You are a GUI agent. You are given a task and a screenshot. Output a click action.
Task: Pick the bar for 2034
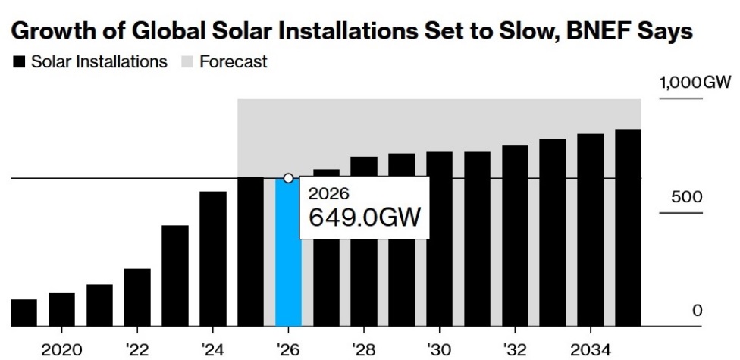[x=591, y=230]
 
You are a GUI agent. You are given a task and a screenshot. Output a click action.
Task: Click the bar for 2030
[x=439, y=239]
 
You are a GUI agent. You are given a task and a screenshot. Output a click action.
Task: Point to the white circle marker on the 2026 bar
[x=288, y=178]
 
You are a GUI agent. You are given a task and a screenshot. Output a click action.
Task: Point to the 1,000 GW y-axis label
[x=692, y=83]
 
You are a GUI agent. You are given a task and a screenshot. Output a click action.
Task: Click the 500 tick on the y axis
[x=686, y=197]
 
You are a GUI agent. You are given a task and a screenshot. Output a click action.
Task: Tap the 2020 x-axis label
[x=61, y=349]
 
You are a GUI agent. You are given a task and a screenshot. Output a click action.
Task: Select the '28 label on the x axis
[x=364, y=349]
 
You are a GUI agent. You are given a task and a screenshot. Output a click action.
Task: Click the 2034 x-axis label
[x=591, y=349]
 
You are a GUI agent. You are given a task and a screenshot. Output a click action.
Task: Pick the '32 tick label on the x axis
[x=515, y=349]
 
